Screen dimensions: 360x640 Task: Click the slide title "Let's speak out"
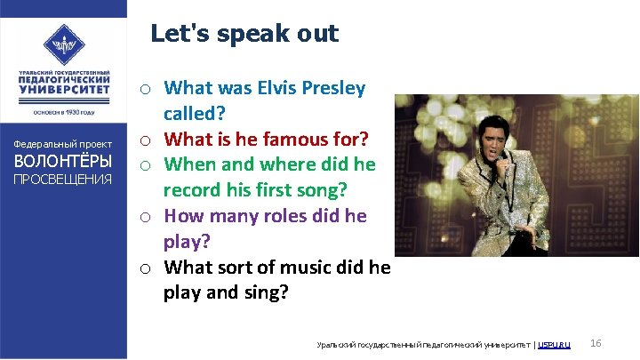pyautogui.click(x=244, y=34)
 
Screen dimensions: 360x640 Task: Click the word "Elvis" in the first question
pyautogui.click(x=276, y=88)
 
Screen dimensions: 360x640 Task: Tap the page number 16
pyautogui.click(x=596, y=343)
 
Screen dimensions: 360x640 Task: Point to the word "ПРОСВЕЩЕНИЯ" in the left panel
pyautogui.click(x=61, y=180)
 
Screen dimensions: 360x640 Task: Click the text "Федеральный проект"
pyautogui.click(x=61, y=144)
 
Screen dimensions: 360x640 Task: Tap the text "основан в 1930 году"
pyautogui.click(x=63, y=112)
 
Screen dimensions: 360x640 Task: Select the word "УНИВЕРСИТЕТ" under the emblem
pyautogui.click(x=63, y=89)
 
